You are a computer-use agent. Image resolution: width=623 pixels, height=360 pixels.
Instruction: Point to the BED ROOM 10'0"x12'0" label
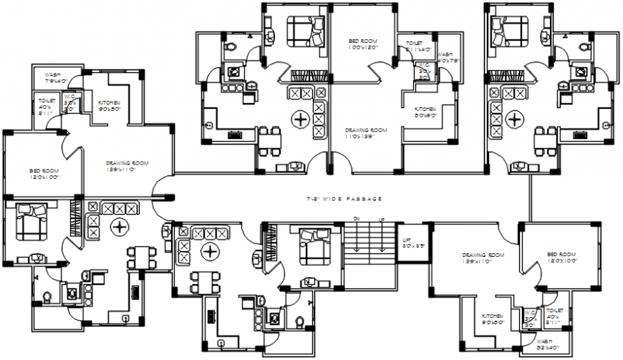click(x=363, y=44)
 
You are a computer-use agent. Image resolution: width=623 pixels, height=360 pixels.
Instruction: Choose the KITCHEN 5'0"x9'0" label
click(x=425, y=112)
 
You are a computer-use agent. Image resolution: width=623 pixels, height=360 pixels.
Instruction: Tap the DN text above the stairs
click(x=355, y=219)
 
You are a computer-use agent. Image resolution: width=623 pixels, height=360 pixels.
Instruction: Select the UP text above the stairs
click(x=382, y=219)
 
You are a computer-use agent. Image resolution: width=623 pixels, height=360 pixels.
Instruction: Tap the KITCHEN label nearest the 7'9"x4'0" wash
click(x=109, y=106)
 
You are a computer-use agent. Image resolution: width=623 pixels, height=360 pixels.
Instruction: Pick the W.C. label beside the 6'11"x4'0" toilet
click(x=425, y=72)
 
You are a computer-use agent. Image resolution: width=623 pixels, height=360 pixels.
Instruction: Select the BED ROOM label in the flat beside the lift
click(x=561, y=258)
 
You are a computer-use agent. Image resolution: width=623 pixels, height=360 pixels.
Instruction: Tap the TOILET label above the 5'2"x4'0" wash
click(x=554, y=314)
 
